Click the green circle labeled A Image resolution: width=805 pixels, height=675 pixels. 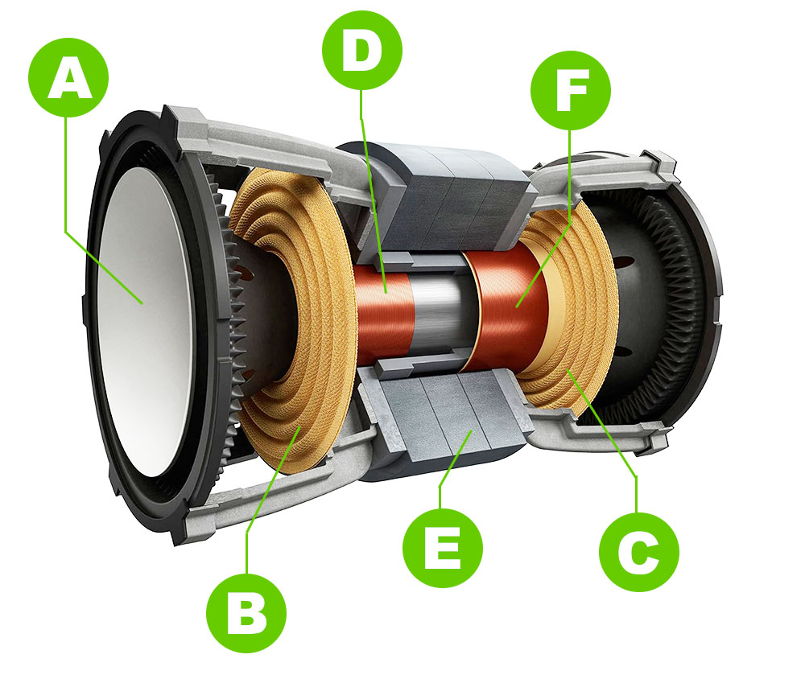(68, 77)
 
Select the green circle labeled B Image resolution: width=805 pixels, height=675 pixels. (246, 612)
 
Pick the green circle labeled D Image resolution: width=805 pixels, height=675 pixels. (362, 50)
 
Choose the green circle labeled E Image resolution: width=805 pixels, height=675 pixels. (443, 547)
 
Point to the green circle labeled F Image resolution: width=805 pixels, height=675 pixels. (571, 90)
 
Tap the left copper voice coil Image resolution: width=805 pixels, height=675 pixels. (384, 314)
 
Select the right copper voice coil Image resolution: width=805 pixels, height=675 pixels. (511, 303)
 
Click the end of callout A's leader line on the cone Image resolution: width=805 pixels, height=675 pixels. (142, 303)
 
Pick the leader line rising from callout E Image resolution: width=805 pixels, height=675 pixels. (454, 471)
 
